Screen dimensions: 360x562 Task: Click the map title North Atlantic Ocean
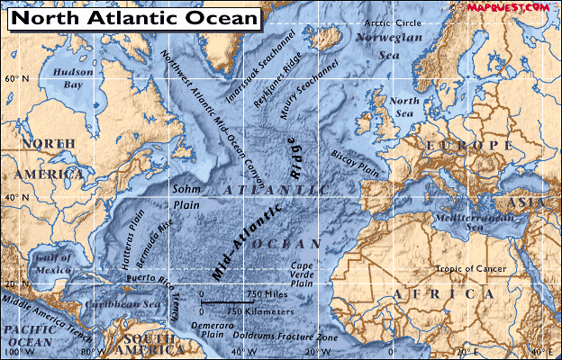[x=136, y=17]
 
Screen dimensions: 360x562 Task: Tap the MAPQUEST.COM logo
[x=508, y=6]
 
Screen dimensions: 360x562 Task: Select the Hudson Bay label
[x=69, y=78]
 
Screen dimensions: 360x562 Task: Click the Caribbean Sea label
[x=127, y=305]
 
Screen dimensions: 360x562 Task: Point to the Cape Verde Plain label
[x=302, y=274]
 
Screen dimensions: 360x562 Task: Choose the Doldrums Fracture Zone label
[x=280, y=335]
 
